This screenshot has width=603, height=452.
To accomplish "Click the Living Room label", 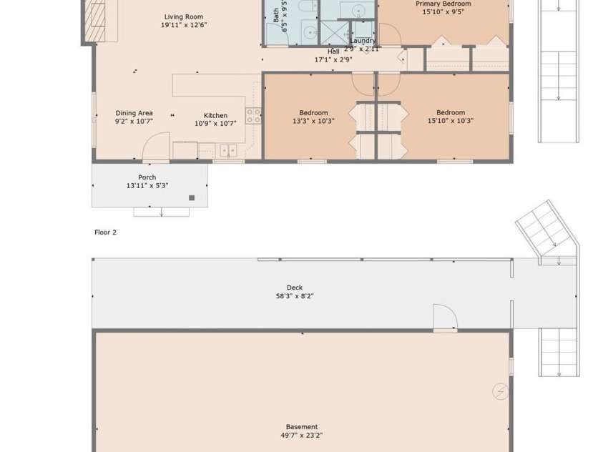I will click(184, 17).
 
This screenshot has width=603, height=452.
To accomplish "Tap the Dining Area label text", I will click(134, 113).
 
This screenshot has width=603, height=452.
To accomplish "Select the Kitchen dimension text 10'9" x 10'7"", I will click(215, 124).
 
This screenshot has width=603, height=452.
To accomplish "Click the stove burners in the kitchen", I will click(253, 115).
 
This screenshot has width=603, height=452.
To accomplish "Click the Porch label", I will click(147, 177).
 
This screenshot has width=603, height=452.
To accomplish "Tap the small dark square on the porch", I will click(192, 197).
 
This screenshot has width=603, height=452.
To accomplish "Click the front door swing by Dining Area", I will click(156, 148).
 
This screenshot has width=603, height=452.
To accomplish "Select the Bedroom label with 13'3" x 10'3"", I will click(313, 113).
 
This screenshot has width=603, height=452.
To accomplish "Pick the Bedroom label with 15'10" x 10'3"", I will click(451, 112).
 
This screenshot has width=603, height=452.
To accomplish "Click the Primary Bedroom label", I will click(443, 4).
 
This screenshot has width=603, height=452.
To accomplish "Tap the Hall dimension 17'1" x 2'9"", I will click(333, 60).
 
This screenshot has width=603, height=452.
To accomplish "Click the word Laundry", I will click(363, 41).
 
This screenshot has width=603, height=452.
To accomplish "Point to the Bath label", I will click(277, 14).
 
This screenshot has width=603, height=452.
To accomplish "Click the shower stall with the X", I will click(333, 33).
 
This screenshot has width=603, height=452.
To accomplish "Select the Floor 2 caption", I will click(105, 232).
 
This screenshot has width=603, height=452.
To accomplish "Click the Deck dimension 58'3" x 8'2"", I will click(295, 296).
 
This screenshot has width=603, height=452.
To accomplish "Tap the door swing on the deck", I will click(443, 316).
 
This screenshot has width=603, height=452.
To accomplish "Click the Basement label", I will click(302, 427).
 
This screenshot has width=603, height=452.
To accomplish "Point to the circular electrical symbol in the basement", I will click(500, 391).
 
